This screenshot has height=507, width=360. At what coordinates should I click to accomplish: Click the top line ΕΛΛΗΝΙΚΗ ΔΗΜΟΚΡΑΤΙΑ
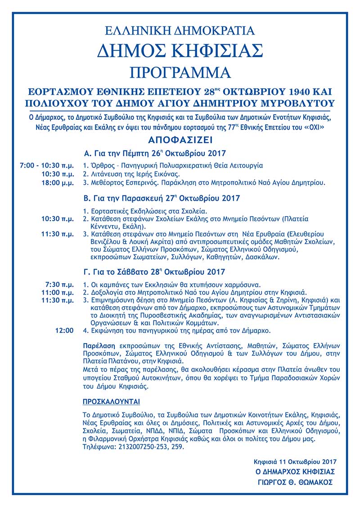click(x=180, y=31)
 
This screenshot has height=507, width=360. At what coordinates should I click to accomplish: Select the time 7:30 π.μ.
click(x=60, y=285)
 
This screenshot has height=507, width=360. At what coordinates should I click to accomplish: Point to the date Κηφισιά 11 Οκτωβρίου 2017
click(x=295, y=462)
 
